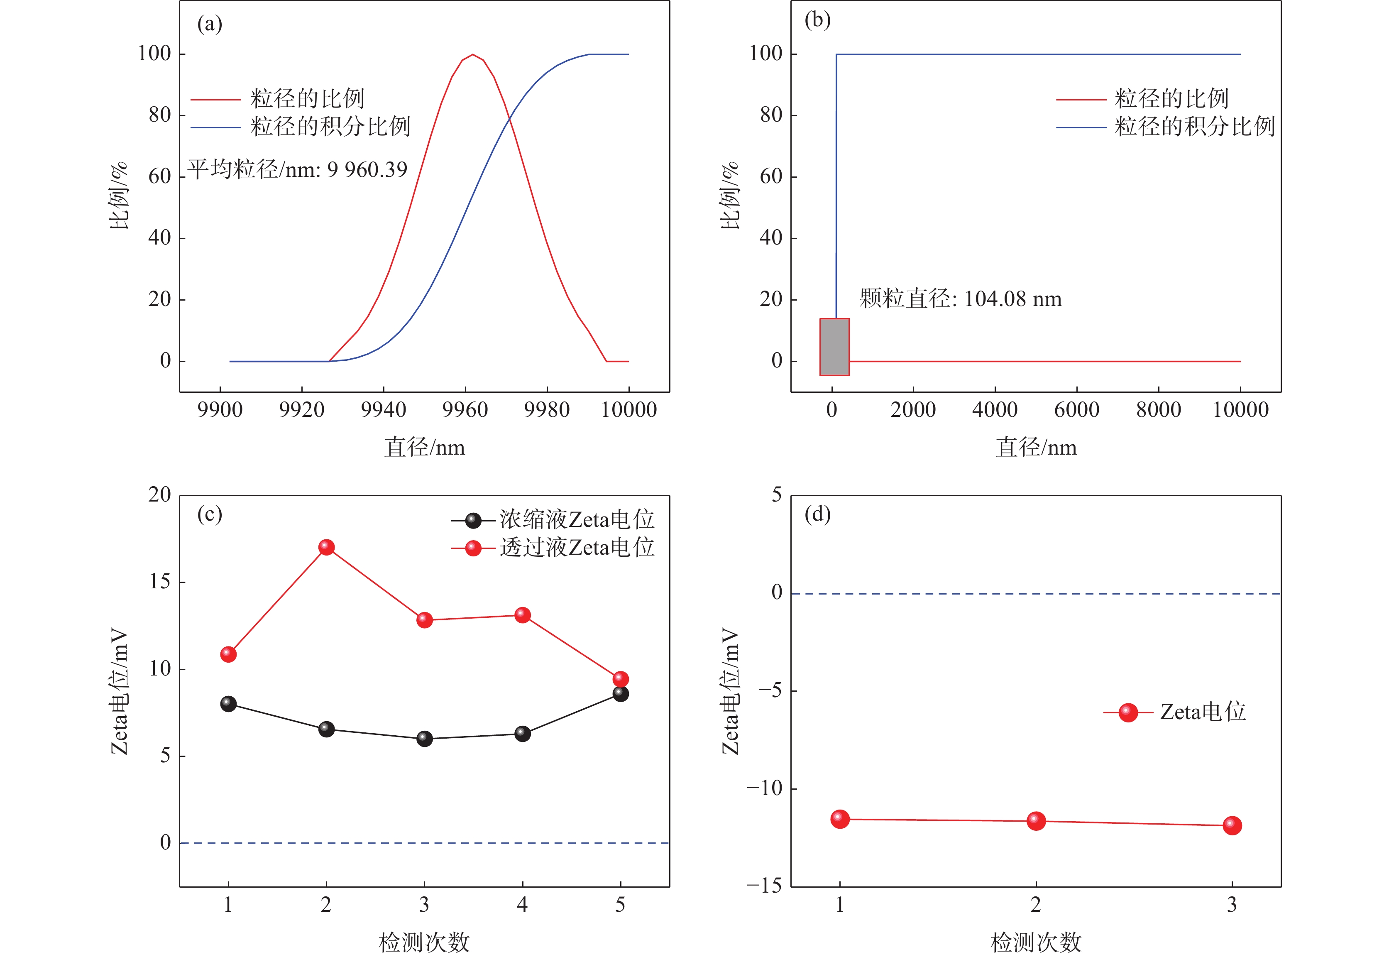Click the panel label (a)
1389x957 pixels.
click(209, 24)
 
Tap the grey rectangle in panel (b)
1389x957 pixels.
click(834, 347)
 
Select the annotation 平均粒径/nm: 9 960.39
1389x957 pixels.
click(297, 170)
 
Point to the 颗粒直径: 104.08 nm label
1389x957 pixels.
click(960, 299)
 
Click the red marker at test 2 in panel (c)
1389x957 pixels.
click(326, 547)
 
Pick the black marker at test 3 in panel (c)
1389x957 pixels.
click(424, 738)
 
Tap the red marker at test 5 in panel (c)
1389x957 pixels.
click(621, 679)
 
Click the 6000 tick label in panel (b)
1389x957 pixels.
click(1077, 410)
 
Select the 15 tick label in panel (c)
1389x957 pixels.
click(159, 582)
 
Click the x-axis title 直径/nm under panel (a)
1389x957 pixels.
click(424, 447)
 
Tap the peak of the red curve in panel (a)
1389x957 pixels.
click(473, 54)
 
